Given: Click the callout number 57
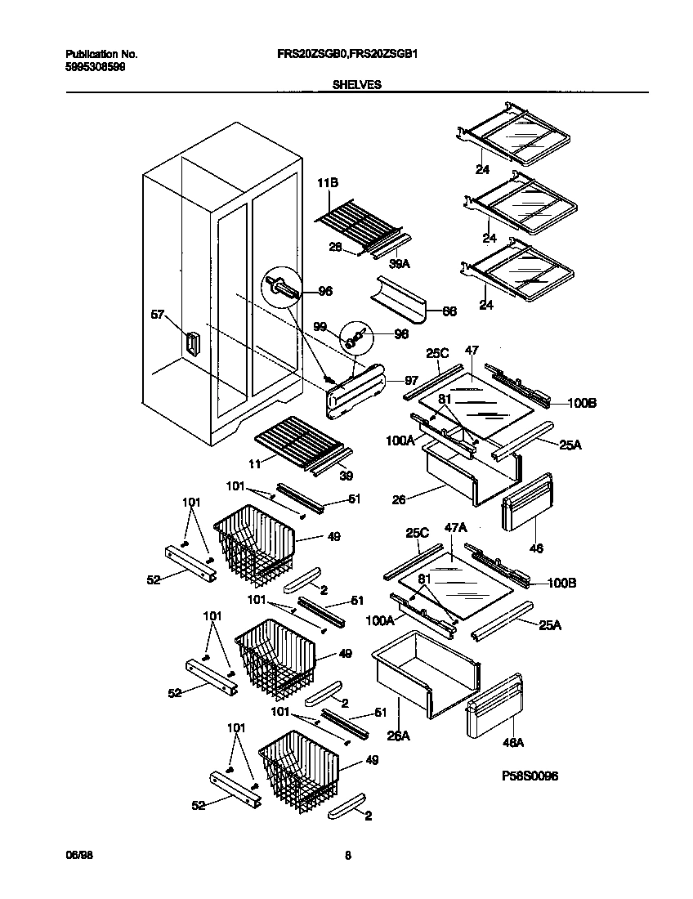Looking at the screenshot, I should click(x=158, y=313).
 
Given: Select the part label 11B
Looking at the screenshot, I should click(x=328, y=186).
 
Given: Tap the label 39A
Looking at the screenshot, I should click(x=400, y=263).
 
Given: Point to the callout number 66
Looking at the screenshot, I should click(x=449, y=312).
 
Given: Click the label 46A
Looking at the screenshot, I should click(x=514, y=743).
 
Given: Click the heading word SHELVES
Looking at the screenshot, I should click(x=356, y=84).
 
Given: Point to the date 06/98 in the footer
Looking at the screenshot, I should click(x=77, y=856).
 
